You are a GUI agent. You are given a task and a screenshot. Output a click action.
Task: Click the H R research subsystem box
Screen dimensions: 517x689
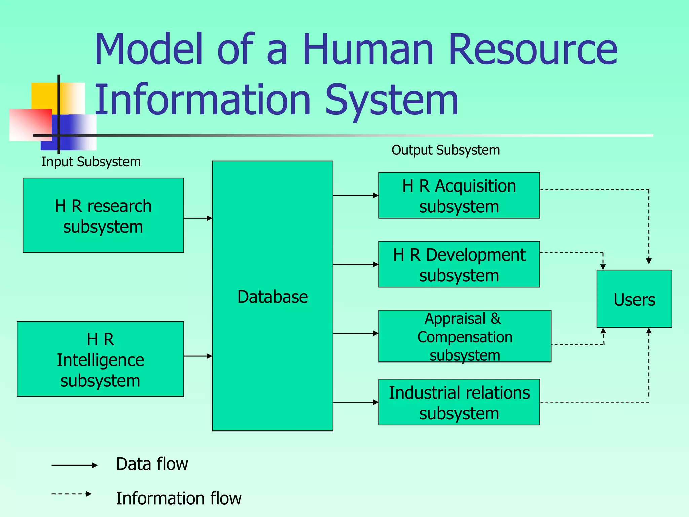click(103, 215)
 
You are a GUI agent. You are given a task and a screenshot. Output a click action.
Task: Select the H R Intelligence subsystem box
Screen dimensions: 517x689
click(100, 359)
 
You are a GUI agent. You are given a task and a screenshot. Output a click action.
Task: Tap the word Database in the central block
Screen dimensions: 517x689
click(273, 297)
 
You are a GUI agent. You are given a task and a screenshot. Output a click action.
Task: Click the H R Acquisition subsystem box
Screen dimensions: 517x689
click(459, 196)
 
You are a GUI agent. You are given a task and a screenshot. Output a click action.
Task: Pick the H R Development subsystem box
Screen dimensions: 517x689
click(459, 265)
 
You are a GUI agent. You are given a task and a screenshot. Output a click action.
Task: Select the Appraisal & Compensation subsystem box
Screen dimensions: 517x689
click(465, 336)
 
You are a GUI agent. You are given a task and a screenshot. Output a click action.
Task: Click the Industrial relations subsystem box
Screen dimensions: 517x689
click(459, 403)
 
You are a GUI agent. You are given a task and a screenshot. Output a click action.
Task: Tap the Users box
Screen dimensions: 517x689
click(634, 299)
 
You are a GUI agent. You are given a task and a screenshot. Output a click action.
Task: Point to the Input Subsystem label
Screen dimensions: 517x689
click(91, 162)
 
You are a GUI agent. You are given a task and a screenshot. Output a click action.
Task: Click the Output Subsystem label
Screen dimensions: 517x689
click(445, 150)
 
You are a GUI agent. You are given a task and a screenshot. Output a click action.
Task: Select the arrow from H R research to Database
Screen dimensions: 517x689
click(198, 218)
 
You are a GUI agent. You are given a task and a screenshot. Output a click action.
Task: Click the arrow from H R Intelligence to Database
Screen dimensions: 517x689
click(198, 356)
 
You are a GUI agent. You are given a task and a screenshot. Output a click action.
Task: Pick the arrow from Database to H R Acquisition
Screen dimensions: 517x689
click(356, 195)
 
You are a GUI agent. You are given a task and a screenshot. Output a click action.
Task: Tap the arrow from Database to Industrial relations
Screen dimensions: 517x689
click(356, 402)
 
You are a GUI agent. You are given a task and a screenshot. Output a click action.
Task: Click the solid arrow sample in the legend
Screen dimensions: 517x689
click(74, 466)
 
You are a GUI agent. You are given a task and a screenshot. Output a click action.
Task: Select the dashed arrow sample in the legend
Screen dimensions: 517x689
click(72, 494)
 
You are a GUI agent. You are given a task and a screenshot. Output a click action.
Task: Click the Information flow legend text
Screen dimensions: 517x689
click(179, 498)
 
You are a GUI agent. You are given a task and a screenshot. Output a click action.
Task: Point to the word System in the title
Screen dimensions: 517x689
click(392, 100)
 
